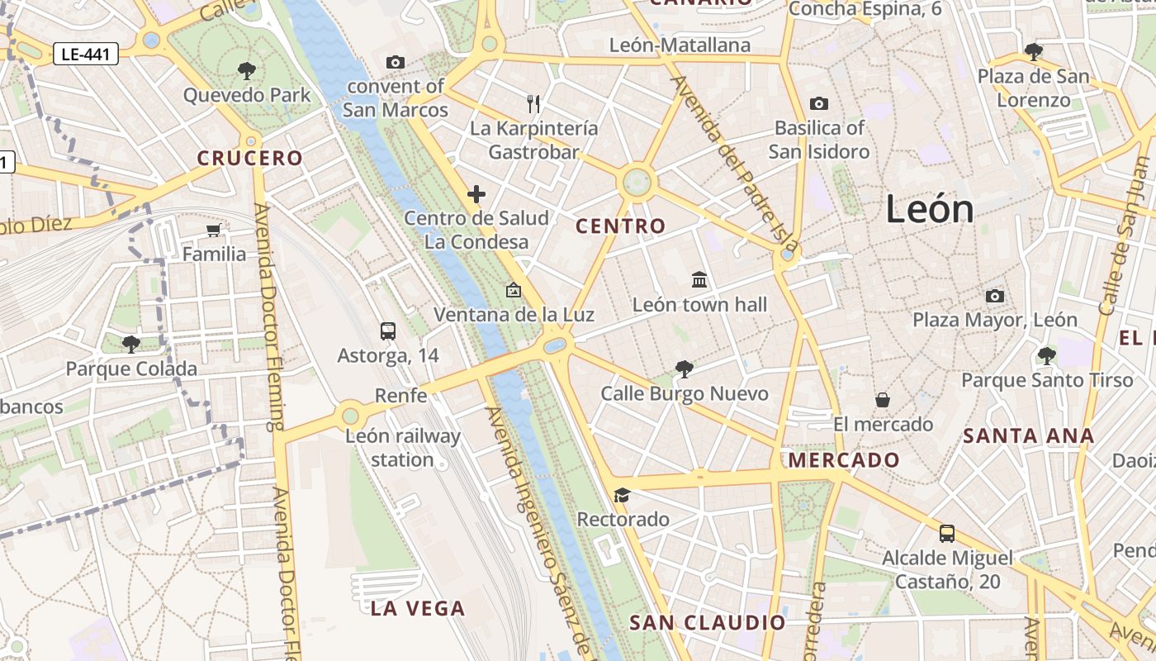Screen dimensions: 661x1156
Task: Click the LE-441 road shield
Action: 86,55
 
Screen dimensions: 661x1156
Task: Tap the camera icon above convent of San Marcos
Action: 396,62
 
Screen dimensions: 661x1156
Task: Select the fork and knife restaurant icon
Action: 533,104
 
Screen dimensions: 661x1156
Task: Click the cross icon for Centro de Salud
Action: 476,195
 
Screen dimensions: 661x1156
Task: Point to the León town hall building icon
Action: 699,280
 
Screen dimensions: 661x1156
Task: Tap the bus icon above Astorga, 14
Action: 388,331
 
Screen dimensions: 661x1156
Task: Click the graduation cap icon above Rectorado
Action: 622,495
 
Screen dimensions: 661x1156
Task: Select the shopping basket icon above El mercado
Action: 883,400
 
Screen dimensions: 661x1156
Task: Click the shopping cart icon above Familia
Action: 214,230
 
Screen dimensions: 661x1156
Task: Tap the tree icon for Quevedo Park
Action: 246,70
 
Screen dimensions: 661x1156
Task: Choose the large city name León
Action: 930,209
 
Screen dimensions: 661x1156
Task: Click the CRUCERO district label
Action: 250,158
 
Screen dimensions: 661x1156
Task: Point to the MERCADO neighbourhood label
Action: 844,460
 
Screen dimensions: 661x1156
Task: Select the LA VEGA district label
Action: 418,609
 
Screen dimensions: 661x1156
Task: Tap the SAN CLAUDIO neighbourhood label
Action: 708,622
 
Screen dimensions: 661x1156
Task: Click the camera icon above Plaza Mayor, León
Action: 995,296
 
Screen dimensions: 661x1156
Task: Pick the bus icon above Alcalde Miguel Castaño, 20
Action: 947,534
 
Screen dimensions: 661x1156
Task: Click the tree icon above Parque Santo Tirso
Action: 1046,356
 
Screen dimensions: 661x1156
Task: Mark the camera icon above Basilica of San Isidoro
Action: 818,103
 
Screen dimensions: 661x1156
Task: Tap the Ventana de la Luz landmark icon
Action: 514,290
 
